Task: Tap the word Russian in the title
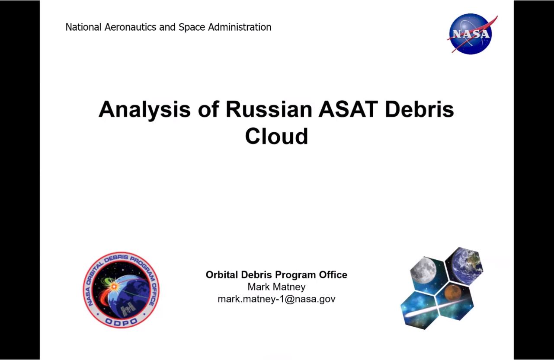[269, 109]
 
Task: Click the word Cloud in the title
[276, 136]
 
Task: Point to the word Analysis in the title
[144, 110]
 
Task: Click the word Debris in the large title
[420, 109]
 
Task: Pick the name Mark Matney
[276, 287]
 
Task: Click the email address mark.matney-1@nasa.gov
[276, 299]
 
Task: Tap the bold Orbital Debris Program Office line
[276, 275]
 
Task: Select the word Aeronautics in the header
[130, 27]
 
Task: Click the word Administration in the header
[240, 27]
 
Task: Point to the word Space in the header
[192, 27]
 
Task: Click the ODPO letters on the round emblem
[121, 322]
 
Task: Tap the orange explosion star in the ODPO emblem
[114, 287]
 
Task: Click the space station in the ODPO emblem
[128, 309]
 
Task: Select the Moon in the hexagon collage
[423, 270]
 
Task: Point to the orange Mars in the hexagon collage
[453, 292]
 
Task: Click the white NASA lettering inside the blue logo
[471, 34]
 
